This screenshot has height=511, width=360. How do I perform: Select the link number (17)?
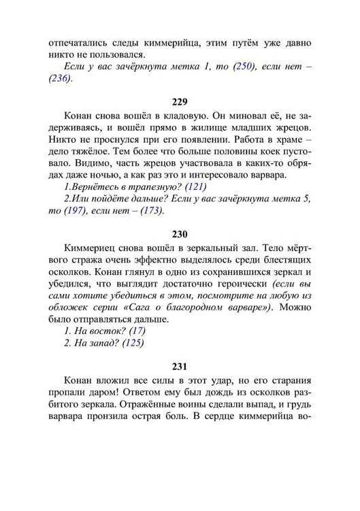pyautogui.click(x=135, y=331)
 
